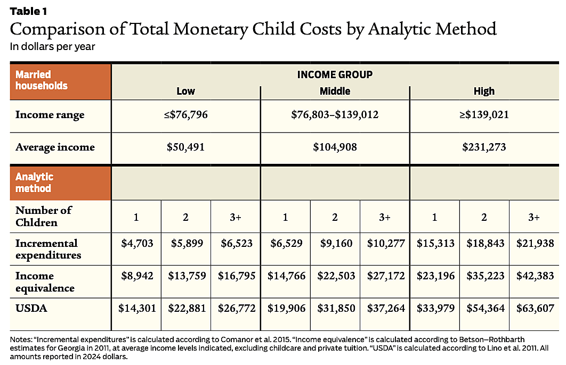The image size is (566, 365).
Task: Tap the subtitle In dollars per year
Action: click(x=52, y=46)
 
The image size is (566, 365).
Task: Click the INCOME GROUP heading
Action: click(x=335, y=74)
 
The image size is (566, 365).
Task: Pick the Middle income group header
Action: click(x=335, y=91)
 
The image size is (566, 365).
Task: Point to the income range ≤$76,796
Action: click(x=185, y=114)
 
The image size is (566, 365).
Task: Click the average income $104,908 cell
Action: click(x=335, y=147)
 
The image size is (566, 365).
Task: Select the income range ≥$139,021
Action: click(x=484, y=114)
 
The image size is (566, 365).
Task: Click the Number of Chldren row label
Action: click(x=44, y=216)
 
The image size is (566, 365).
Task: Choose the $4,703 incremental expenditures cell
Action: click(x=136, y=244)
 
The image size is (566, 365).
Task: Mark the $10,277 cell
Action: click(x=385, y=244)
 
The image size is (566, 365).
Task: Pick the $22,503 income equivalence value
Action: click(x=335, y=277)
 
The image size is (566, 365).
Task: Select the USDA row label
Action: click(x=28, y=308)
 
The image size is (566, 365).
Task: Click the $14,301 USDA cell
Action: click(x=136, y=308)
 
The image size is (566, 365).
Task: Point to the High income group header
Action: click(x=484, y=91)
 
